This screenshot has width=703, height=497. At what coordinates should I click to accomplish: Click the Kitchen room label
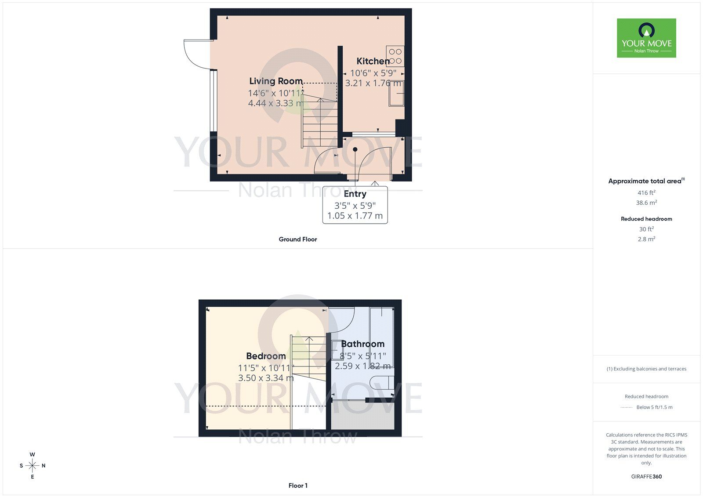(x=373, y=61)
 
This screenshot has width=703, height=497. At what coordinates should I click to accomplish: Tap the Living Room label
(x=276, y=81)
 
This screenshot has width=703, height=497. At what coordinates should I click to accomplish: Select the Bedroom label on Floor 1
(x=266, y=356)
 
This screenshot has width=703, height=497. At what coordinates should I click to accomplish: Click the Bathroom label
(x=362, y=344)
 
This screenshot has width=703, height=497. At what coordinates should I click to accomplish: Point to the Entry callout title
(x=355, y=194)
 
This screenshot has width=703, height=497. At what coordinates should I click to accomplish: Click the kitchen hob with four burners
(x=395, y=56)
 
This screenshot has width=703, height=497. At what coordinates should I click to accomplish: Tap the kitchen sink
(x=396, y=94)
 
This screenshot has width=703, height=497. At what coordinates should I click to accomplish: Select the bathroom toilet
(x=381, y=382)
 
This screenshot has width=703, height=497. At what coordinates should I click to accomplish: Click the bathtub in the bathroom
(x=381, y=336)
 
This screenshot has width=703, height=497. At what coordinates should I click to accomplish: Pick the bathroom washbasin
(x=337, y=350)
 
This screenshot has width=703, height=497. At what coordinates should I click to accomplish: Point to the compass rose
(x=33, y=465)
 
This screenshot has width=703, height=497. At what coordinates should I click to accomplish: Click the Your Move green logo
(x=646, y=38)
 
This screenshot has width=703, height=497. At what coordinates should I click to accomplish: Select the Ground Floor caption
(x=298, y=239)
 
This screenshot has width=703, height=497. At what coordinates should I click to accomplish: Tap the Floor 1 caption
(x=298, y=486)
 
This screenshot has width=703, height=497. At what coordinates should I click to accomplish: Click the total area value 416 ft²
(x=646, y=192)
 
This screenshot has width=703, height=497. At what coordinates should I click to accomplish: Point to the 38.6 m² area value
(x=646, y=203)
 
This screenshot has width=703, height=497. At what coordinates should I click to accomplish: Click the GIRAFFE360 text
(x=646, y=476)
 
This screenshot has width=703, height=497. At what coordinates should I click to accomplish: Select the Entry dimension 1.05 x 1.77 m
(x=355, y=216)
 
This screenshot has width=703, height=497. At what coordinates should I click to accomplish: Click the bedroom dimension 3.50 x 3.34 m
(x=266, y=378)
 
